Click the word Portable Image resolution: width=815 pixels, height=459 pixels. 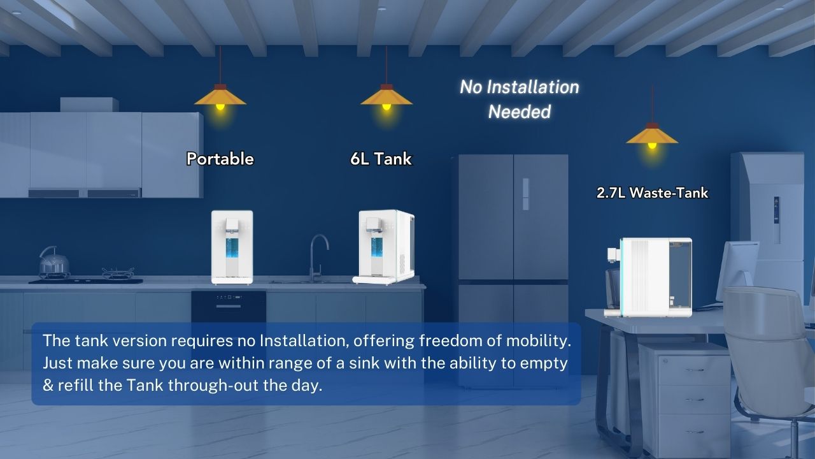220,159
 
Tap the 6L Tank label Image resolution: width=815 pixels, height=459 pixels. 381,159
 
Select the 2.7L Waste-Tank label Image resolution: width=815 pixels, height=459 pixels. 652,193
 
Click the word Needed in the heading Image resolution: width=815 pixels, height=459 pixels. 519,112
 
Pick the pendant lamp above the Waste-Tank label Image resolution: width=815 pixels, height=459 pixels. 651,136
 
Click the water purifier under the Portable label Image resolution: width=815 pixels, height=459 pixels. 232,247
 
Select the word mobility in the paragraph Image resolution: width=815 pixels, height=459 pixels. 539,341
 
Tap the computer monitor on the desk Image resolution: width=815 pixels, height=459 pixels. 737,271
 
